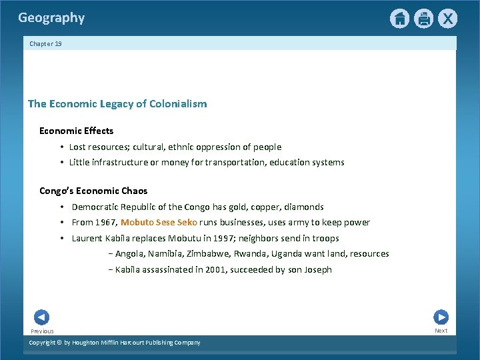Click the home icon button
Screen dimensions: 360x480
(x=399, y=19)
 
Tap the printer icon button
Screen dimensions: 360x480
(x=423, y=19)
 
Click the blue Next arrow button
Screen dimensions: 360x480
(x=441, y=317)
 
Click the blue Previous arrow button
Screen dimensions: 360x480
(x=41, y=318)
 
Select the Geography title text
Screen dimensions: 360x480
(x=51, y=18)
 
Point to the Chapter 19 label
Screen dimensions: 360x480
(x=45, y=44)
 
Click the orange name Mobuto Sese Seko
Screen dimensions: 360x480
(x=159, y=223)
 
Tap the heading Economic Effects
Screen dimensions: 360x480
(x=76, y=131)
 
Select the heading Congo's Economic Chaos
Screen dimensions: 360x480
(x=93, y=191)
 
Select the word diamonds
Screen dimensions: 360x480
(x=303, y=207)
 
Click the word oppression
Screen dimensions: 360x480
(x=225, y=147)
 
